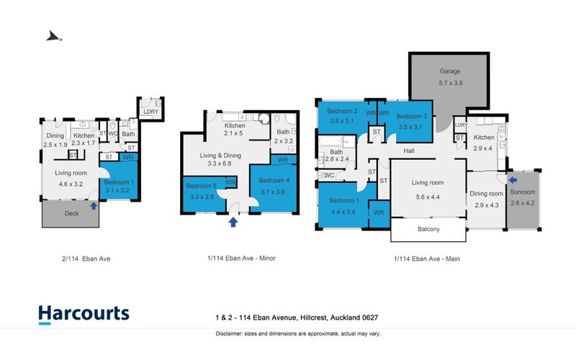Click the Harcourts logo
84,315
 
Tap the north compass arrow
53,37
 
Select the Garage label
450,71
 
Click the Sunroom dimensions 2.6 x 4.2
523,203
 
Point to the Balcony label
428,229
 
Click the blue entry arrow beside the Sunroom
513,180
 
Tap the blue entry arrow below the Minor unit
233,222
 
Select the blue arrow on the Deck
94,206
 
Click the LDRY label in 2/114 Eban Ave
151,112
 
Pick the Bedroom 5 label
201,186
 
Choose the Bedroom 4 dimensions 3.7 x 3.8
273,192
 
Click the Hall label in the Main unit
409,151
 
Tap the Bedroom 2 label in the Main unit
343,111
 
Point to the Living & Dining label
220,156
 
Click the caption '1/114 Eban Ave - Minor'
241,258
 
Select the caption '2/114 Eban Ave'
86,258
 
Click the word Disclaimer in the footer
229,334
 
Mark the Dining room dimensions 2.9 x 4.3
487,205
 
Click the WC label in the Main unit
329,176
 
